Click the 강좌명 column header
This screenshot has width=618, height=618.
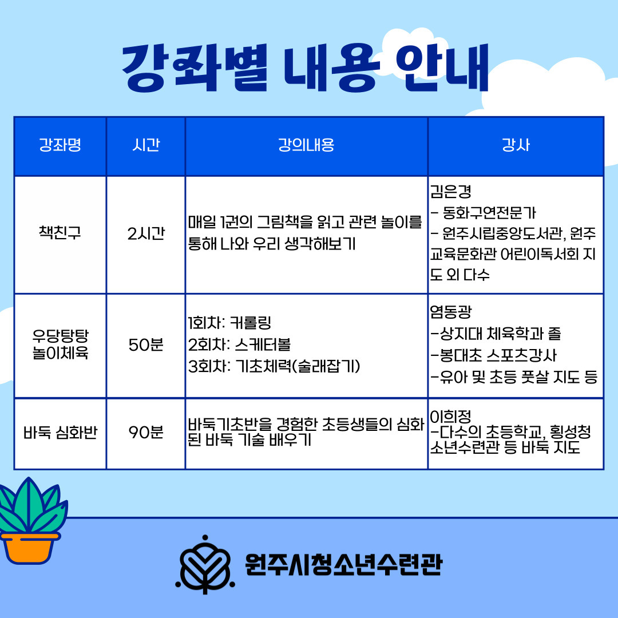pos(60,145)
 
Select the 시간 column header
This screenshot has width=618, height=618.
pos(146,145)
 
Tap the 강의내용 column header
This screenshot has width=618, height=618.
pos(306,145)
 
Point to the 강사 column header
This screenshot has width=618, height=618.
pos(516,145)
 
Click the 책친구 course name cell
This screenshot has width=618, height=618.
pos(60,232)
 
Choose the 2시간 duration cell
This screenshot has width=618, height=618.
pos(146,233)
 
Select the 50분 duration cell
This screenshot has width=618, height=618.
pos(146,345)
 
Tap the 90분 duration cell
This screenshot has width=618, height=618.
pos(146,433)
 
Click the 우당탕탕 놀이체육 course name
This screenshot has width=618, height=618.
pos(60,344)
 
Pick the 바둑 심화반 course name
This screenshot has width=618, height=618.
pos(60,433)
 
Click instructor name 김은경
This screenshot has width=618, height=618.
pos(450,192)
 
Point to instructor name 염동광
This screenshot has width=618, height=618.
pos(450,312)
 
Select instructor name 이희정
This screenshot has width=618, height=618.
pos(450,416)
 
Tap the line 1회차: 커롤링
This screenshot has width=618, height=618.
pos(230,323)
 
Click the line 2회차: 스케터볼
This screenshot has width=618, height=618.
pos(239,345)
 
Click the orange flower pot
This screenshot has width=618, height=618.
pos(29,548)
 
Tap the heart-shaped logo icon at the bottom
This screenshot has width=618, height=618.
pos(205,564)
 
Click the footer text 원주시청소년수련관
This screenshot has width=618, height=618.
pos(344,564)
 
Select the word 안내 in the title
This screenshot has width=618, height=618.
pos(442,68)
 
